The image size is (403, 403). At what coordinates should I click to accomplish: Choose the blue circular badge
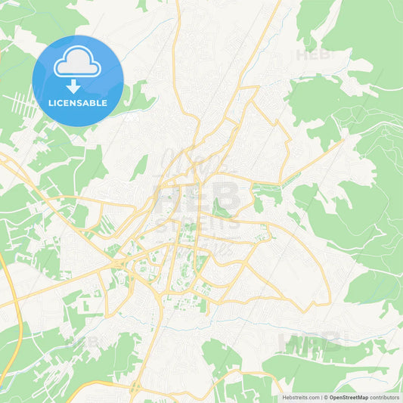[77, 81]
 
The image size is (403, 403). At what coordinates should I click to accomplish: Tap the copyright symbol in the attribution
[325, 397]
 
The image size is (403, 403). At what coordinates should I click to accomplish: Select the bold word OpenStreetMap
[349, 397]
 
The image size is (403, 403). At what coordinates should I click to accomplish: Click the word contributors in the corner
[384, 397]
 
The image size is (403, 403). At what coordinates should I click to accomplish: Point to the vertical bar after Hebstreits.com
[321, 397]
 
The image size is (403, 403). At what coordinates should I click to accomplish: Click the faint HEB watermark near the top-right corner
[311, 54]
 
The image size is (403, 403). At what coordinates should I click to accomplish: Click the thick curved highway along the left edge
[11, 318]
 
